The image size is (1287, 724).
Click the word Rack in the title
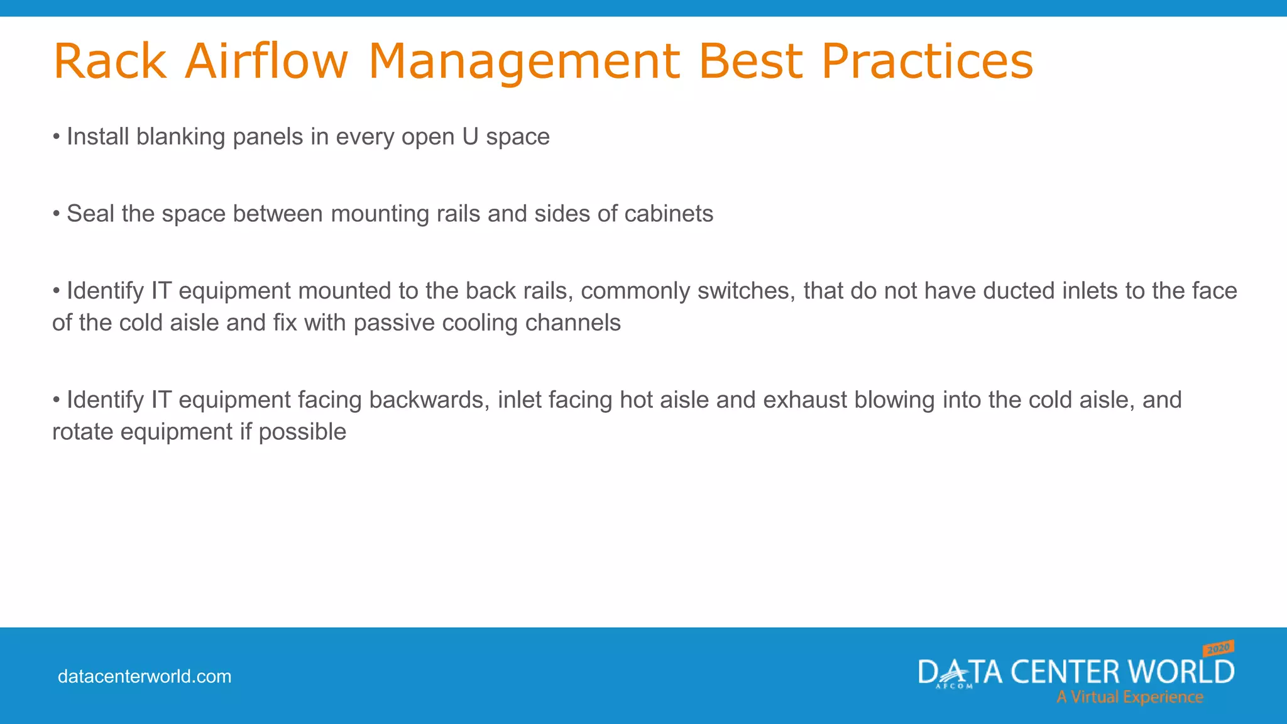tap(110, 61)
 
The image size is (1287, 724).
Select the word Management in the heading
tap(523, 61)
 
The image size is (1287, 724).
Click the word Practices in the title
tap(927, 61)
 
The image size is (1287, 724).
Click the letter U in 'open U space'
tap(470, 137)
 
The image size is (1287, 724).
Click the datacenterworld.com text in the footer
tap(145, 677)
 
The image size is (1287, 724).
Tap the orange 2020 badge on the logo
tap(1219, 648)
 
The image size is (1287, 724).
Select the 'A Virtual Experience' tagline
tap(1129, 697)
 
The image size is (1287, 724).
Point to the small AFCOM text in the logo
tap(955, 686)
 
